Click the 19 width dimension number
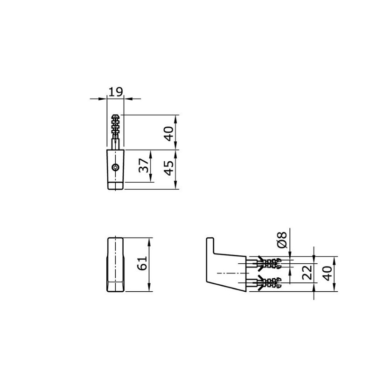(x=116, y=91)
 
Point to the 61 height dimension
(x=142, y=264)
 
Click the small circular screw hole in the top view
(x=116, y=167)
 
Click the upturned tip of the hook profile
(x=209, y=245)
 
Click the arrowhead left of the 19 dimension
(x=104, y=98)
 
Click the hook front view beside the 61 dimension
(x=116, y=265)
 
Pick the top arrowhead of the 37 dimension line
(x=151, y=152)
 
